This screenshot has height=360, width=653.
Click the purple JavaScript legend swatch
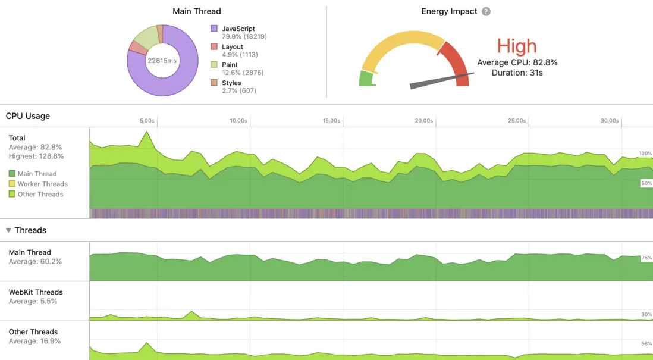pyautogui.click(x=214, y=29)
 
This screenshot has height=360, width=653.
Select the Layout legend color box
pyautogui.click(x=214, y=46)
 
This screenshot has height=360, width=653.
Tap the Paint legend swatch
pyautogui.click(x=214, y=64)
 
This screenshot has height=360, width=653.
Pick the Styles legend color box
pyautogui.click(x=214, y=83)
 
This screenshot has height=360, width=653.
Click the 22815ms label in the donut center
pyautogui.click(x=162, y=61)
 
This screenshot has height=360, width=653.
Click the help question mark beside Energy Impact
pyautogui.click(x=486, y=11)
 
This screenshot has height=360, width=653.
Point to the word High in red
pyautogui.click(x=517, y=46)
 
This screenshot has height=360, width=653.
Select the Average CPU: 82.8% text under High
pyautogui.click(x=517, y=62)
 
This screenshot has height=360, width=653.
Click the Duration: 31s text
pyautogui.click(x=517, y=73)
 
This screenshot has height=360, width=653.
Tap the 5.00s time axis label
pyautogui.click(x=147, y=120)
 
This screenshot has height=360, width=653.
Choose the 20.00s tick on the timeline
pyautogui.click(x=423, y=120)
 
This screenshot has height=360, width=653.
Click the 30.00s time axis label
pyautogui.click(x=609, y=120)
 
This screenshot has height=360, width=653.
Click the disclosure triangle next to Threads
pyautogui.click(x=8, y=230)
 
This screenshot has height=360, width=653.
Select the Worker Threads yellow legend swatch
pyautogui.click(x=12, y=184)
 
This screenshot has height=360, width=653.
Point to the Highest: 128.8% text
pyautogui.click(x=36, y=156)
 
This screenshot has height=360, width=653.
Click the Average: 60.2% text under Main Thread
pyautogui.click(x=35, y=262)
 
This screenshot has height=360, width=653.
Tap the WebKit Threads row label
pyautogui.click(x=36, y=292)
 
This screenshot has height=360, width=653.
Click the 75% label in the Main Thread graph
pyautogui.click(x=646, y=258)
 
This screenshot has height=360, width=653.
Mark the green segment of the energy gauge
pyautogui.click(x=366, y=79)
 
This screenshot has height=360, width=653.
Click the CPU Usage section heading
pyautogui.click(x=28, y=116)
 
